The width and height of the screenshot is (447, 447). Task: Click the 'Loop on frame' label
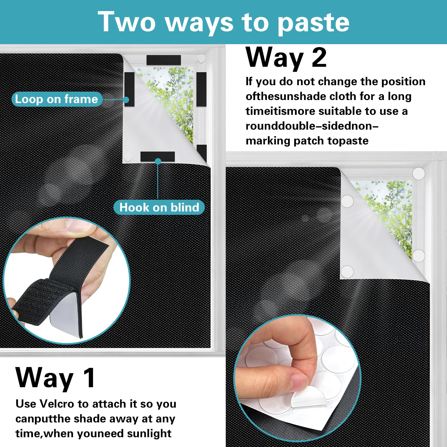tap(56, 99)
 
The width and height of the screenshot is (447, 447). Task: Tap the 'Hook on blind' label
tap(159, 208)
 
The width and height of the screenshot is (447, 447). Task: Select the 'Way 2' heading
tap(286, 58)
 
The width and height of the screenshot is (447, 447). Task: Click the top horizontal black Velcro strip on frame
tap(164, 60)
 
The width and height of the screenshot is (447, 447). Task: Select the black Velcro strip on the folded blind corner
tap(158, 156)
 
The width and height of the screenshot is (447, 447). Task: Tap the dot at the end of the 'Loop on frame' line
tap(126, 100)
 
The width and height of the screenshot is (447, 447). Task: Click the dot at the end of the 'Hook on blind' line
tap(158, 161)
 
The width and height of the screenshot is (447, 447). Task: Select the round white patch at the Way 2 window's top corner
tap(419, 173)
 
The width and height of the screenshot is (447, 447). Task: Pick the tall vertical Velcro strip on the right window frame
tap(201, 89)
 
